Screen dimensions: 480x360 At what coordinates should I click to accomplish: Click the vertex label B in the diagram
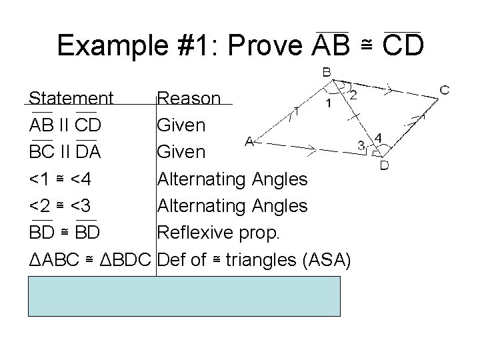click(329, 72)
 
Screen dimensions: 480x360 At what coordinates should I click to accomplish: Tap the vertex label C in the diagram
click(445, 89)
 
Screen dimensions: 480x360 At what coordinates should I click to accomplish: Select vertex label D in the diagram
click(385, 164)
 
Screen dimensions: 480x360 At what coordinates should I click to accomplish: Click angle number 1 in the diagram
click(329, 103)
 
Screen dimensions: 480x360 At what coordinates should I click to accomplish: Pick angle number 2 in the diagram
click(353, 95)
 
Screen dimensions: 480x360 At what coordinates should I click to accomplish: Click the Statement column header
click(71, 99)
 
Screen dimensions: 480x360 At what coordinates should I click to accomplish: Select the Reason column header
click(189, 99)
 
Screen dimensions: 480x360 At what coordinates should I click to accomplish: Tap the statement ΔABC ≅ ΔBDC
click(91, 259)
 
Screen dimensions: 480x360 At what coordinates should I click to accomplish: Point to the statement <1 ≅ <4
click(65, 179)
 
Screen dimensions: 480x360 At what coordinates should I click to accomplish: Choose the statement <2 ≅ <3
click(65, 206)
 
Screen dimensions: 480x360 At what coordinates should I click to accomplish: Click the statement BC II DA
click(65, 153)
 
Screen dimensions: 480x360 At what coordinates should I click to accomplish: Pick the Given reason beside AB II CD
click(181, 125)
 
